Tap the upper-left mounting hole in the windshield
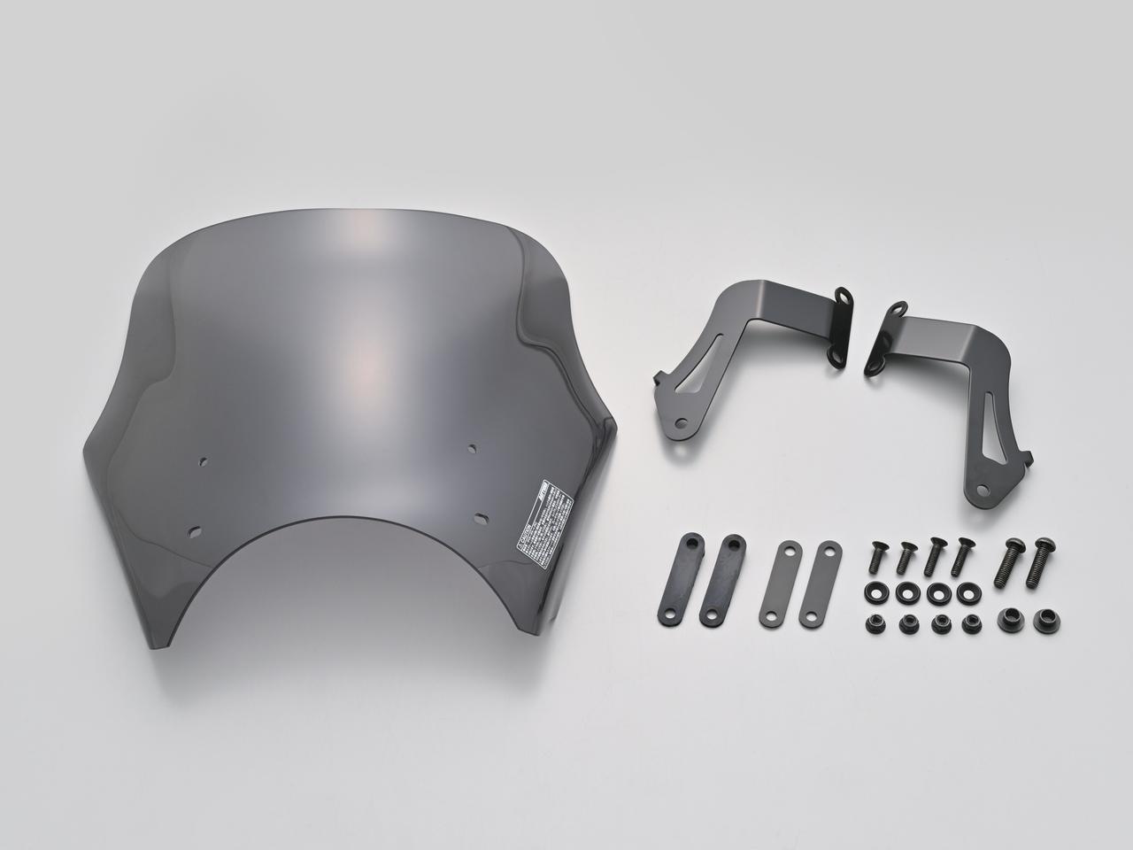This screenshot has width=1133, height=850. pyautogui.click(x=204, y=460)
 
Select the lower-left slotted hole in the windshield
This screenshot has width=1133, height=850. pyautogui.click(x=196, y=533)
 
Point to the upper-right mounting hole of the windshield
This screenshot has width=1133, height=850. pyautogui.click(x=473, y=448)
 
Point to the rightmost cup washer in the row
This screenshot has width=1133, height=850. pyautogui.click(x=967, y=591)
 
